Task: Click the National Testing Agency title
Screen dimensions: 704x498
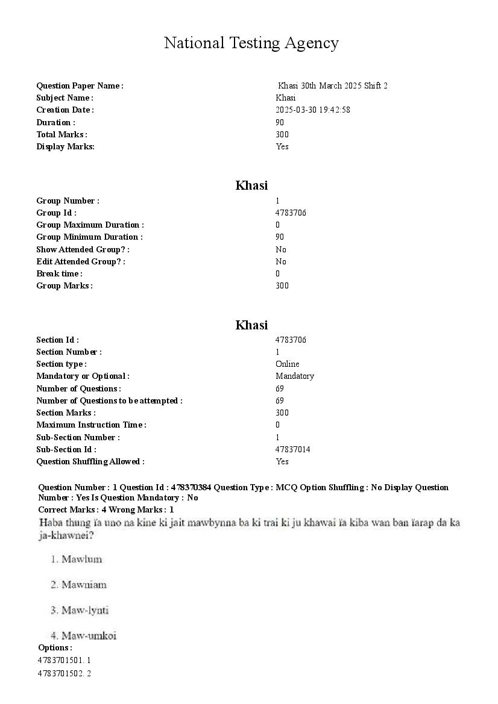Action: tap(251, 43)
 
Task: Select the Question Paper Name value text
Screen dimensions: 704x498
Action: tap(332, 86)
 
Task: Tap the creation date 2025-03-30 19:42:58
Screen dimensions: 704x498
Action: tap(313, 110)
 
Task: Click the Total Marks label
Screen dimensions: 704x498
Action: tap(61, 134)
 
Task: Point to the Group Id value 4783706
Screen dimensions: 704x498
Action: tap(291, 213)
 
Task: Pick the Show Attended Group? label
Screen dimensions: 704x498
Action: tap(83, 249)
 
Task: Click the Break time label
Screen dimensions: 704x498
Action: tap(59, 273)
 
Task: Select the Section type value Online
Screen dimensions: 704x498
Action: tap(287, 364)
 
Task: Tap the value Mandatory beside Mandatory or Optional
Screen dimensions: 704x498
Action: tap(295, 376)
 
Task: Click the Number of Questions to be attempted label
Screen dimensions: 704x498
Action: tap(109, 400)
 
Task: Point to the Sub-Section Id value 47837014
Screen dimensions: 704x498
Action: tap(293, 449)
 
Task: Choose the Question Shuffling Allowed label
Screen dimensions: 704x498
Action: tap(90, 461)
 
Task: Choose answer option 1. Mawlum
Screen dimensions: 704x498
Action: tap(77, 559)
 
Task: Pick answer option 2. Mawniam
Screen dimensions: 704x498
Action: tap(78, 585)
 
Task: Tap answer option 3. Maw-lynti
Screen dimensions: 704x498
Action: tap(80, 610)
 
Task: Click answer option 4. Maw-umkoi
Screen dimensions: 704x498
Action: tap(83, 635)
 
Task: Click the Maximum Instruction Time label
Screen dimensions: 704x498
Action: tap(91, 425)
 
